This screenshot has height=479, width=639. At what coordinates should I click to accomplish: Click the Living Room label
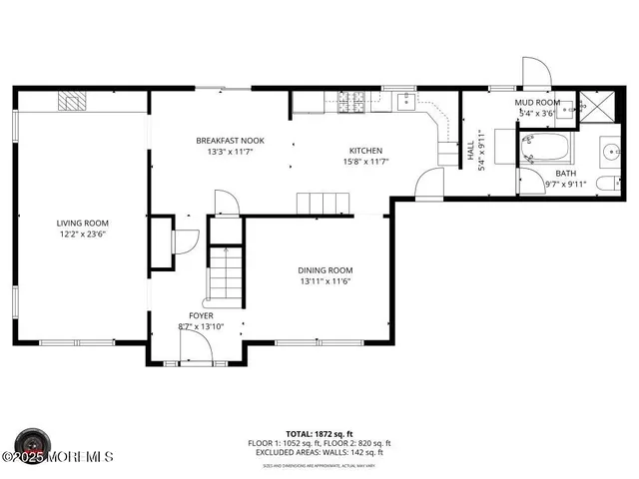pos(82,223)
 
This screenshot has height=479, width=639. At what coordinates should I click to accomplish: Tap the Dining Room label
pos(324,270)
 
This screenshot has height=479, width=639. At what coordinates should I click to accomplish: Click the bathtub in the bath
pos(546,151)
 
